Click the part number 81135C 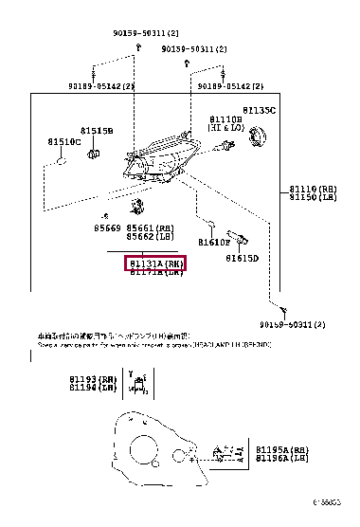point(258,111)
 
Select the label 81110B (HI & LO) point(225,124)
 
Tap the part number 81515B point(96,130)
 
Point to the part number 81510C point(64,142)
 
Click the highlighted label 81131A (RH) point(156,263)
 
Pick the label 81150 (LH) point(317,198)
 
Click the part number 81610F point(214,243)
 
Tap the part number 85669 point(106,228)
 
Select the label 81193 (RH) point(95,379)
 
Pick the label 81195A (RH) point(282,450)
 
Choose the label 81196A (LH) point(282,459)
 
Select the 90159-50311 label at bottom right point(291,324)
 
